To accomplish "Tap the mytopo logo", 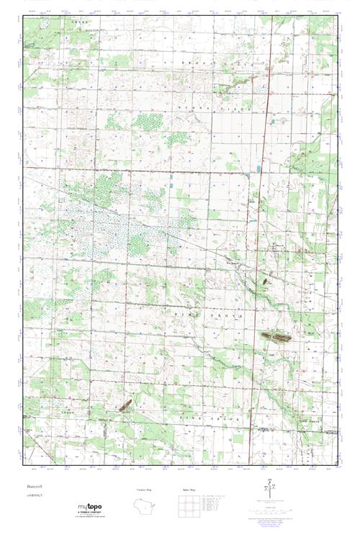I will (x=91, y=508).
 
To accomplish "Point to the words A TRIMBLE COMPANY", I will (x=91, y=513).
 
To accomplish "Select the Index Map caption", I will (x=184, y=490).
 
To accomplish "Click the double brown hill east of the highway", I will (x=276, y=336).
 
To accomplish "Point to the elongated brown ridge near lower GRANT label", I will (x=125, y=406).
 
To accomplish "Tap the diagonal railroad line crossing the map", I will (x=180, y=238).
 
